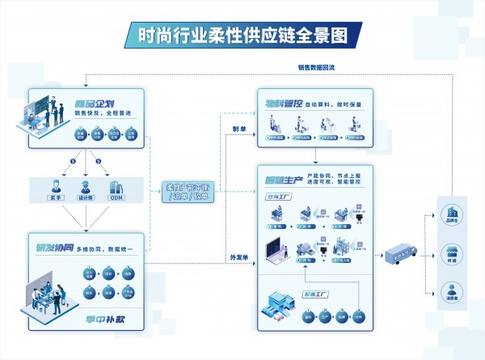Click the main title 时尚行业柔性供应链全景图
point(242,36)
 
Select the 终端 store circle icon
point(450,251)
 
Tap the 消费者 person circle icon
point(450,289)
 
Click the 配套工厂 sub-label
point(314,294)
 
